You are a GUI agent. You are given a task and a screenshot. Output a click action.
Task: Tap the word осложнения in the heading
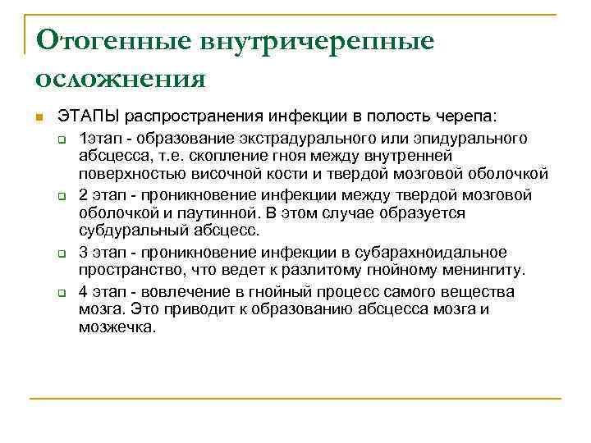coord(120,79)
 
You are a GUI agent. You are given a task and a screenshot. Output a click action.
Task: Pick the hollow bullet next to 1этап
coord(62,137)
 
